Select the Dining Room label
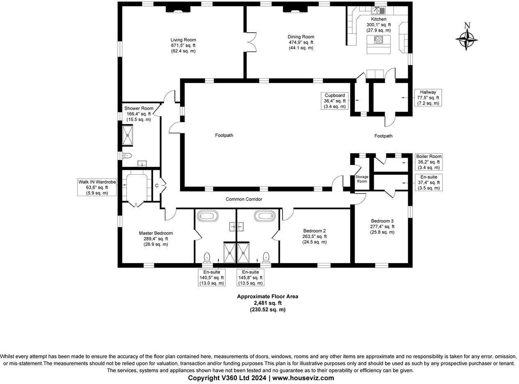[301, 42]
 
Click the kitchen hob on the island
[378, 40]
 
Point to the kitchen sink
[378, 11]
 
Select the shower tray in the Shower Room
[128, 135]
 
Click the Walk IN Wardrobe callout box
[97, 187]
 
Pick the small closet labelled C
[156, 186]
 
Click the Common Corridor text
[244, 199]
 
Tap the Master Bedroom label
[156, 238]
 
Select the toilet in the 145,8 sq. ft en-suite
[266, 257]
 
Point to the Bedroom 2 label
[315, 236]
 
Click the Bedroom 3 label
[382, 226]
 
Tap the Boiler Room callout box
[429, 162]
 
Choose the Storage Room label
[362, 179]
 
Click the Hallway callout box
[428, 98]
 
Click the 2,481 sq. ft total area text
[267, 303]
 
